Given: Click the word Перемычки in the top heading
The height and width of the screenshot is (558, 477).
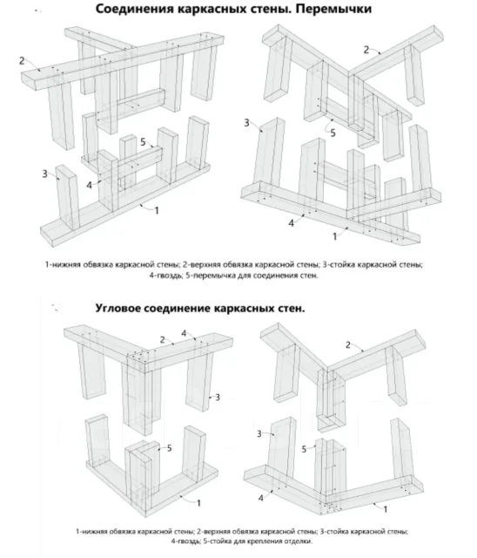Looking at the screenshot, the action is [333, 10].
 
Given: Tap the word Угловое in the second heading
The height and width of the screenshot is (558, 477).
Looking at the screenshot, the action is [118, 308].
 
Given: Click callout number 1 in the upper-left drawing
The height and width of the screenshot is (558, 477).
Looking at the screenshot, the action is [157, 211].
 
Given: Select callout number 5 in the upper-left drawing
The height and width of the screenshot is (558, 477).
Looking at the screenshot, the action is [143, 142].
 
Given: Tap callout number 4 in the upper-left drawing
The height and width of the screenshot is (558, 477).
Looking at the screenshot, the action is [89, 185].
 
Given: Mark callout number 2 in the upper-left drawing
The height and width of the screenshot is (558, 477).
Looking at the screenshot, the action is [22, 61].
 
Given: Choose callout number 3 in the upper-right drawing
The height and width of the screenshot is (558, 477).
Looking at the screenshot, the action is [247, 123].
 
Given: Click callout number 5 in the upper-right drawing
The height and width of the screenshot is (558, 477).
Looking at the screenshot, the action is [333, 133].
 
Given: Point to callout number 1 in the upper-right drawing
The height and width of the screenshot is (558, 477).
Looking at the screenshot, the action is [334, 236].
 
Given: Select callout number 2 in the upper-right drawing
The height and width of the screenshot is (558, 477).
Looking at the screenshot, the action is [366, 51].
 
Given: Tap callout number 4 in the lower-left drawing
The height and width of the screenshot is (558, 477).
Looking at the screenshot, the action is [184, 333].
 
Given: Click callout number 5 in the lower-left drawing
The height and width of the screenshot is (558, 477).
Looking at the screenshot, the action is [169, 448].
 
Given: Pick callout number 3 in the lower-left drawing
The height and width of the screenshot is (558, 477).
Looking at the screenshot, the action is [218, 398].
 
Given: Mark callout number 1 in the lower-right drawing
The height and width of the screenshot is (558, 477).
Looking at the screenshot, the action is [386, 509].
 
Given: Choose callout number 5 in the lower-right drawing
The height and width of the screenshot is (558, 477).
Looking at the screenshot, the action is [304, 450].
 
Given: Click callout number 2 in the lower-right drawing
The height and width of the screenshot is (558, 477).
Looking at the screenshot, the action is [348, 345].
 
